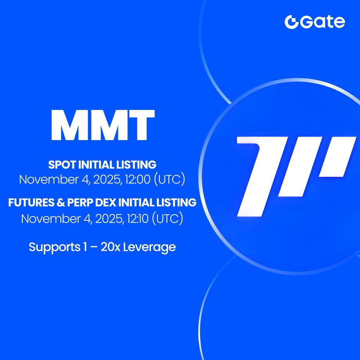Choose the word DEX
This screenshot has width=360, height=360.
coord(107,203)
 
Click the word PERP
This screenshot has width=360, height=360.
coord(80,203)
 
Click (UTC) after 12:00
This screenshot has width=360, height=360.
coord(170,179)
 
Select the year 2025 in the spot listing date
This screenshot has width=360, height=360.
coord(106,179)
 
